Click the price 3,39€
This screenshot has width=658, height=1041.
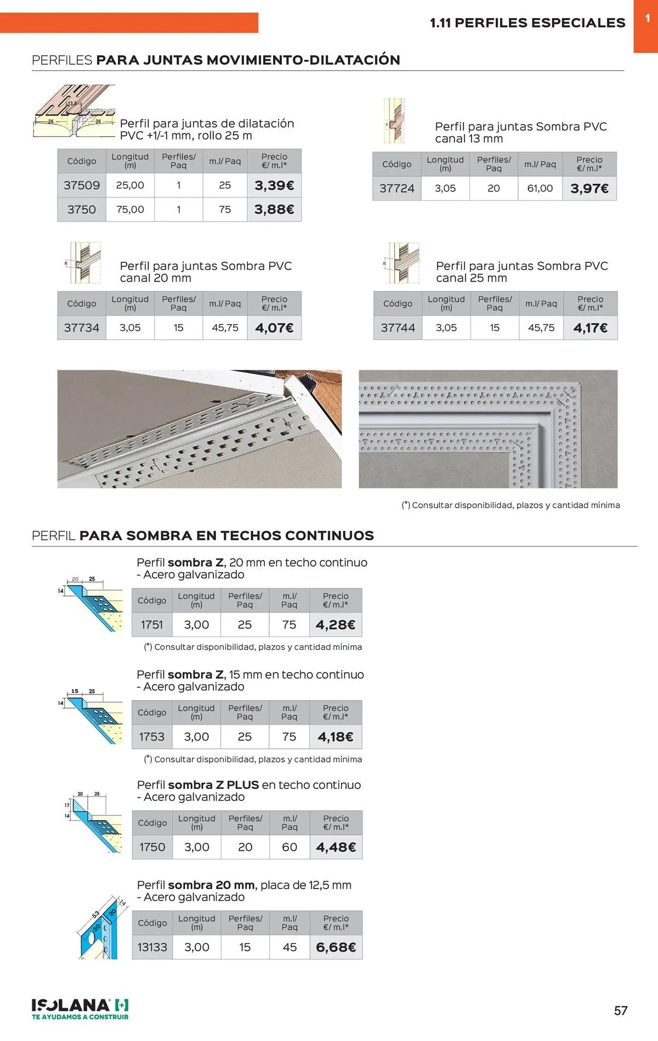click(x=274, y=186)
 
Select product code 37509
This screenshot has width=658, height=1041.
click(x=82, y=186)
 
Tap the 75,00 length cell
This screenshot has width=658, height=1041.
click(x=130, y=209)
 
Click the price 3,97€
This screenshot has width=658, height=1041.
click(x=589, y=189)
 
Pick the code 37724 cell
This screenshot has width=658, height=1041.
click(x=397, y=189)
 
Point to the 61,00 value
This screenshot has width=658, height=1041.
click(x=540, y=189)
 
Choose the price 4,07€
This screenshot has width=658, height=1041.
click(x=274, y=328)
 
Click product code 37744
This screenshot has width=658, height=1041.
click(x=398, y=328)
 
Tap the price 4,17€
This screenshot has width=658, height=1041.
click(x=591, y=328)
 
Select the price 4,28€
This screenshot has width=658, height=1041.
click(x=336, y=625)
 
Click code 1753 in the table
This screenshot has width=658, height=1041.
click(x=152, y=737)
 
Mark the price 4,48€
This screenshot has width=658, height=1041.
click(x=336, y=847)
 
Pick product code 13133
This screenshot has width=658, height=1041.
click(x=152, y=947)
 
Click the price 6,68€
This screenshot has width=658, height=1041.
click(x=336, y=947)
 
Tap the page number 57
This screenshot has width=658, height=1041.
click(x=621, y=1011)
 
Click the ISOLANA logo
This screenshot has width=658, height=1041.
click(x=80, y=1009)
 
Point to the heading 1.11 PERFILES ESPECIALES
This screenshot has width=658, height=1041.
click(x=527, y=23)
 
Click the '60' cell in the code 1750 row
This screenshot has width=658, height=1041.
click(x=290, y=847)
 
